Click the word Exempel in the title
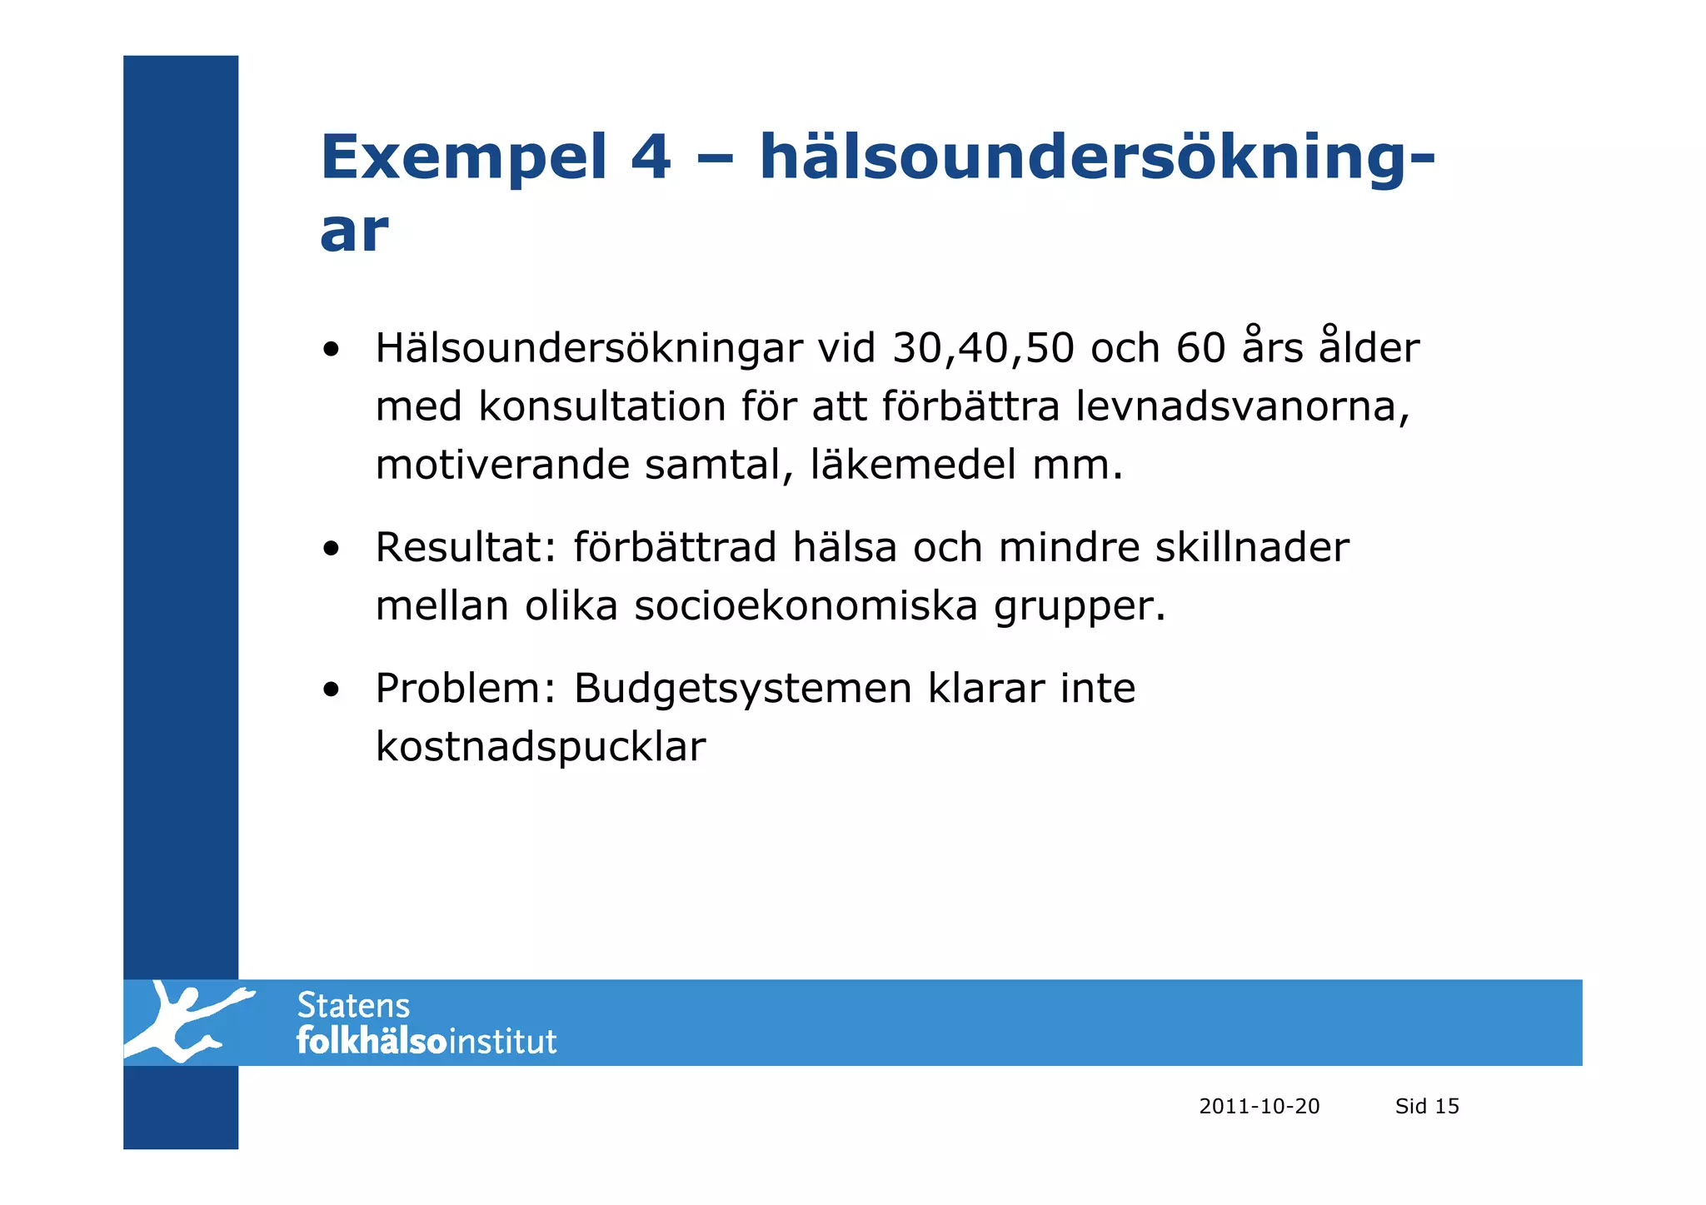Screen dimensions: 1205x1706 464,158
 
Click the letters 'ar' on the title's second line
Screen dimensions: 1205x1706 354,232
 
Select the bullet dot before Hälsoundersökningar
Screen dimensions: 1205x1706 332,349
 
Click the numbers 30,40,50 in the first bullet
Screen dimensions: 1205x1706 983,348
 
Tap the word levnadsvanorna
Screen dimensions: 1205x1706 1242,406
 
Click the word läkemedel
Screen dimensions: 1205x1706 913,465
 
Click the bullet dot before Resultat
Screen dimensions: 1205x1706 332,549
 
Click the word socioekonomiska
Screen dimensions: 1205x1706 806,606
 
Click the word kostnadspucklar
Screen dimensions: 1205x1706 540,747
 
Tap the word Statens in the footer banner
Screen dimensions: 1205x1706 353,1006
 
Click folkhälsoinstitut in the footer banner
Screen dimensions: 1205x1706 426,1042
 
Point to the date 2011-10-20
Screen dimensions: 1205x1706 1259,1107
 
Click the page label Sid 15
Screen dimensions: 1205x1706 1427,1107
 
